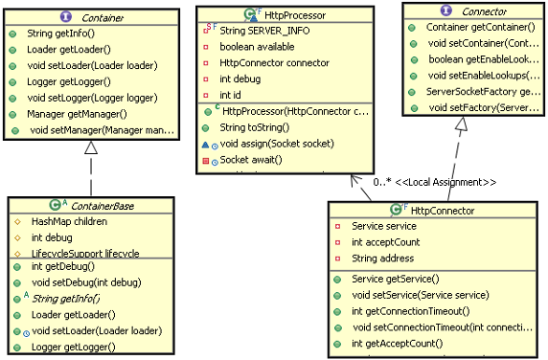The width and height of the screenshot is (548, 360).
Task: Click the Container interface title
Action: [x=102, y=15]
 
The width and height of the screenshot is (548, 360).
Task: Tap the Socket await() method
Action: [x=251, y=159]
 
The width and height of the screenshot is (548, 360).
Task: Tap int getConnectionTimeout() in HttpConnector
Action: [x=411, y=311]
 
